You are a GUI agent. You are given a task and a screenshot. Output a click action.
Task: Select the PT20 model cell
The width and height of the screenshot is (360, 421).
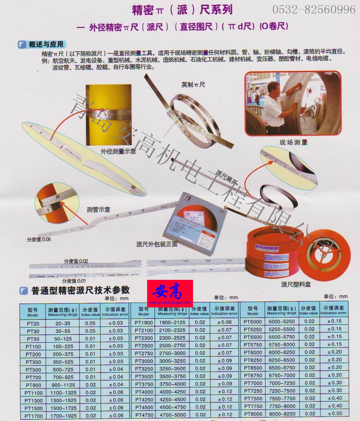(33, 323)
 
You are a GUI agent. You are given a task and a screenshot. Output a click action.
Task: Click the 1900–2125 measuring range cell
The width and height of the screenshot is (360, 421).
(172, 322)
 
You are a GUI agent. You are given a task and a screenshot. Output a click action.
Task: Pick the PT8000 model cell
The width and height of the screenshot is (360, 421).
(253, 414)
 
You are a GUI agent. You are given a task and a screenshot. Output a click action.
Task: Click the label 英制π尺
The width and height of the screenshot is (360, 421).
(193, 85)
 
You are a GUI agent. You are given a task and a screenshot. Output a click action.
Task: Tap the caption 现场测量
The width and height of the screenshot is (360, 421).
(293, 142)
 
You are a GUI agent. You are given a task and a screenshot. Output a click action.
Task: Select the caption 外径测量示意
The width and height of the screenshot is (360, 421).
(118, 151)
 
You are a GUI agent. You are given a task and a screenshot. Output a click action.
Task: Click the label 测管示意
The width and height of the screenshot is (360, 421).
(98, 210)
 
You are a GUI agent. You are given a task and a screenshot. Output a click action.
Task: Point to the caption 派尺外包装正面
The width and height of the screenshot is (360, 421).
(157, 244)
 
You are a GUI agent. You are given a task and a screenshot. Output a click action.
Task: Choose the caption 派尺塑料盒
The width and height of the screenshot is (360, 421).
(296, 284)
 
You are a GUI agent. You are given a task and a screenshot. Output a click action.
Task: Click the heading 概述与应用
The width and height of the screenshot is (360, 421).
(46, 44)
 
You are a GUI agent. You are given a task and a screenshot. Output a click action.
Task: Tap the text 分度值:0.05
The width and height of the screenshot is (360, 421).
(39, 239)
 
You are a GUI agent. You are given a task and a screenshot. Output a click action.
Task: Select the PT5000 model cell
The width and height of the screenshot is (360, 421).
(253, 322)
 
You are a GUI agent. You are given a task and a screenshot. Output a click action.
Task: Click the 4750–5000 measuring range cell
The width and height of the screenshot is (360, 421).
(172, 415)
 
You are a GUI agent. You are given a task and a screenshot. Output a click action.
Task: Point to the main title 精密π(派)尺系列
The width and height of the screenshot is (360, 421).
(182, 10)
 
